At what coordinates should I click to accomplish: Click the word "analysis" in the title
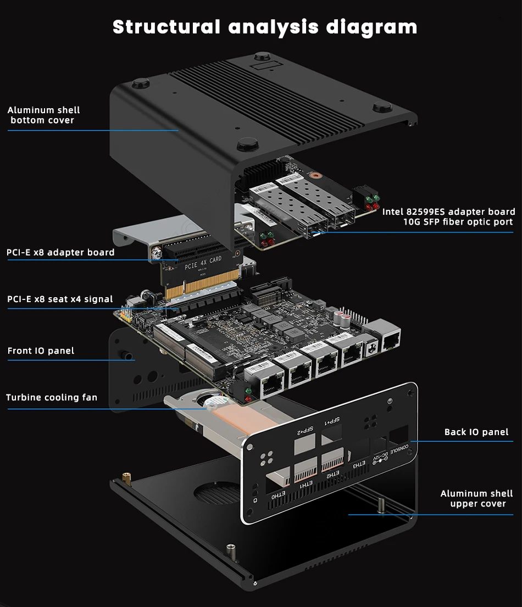click(274, 26)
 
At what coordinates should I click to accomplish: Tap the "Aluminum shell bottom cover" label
click(43, 115)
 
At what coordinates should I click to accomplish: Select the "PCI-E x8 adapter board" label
click(60, 253)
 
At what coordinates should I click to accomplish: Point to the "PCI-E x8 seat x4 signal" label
click(60, 299)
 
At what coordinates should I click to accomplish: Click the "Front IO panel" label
click(41, 351)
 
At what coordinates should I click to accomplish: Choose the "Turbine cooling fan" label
click(52, 398)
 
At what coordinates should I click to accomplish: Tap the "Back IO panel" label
click(476, 432)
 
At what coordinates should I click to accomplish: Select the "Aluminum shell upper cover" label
click(477, 499)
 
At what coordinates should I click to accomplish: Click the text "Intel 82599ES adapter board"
click(449, 211)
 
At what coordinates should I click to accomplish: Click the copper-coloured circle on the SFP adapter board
click(315, 177)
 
